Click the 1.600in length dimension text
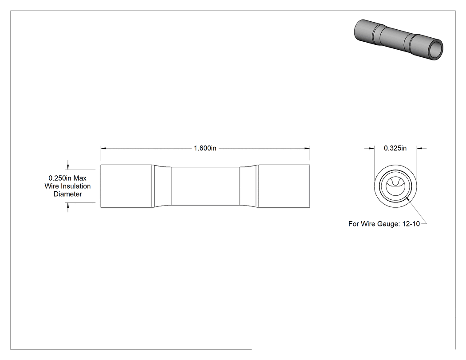coord(205,148)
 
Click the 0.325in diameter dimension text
coord(395,148)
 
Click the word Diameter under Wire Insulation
coord(68,194)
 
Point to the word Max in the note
coord(80,178)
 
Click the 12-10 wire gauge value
coord(411,224)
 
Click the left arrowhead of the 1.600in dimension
coord(103,148)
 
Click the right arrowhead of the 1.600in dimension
coord(307,148)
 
